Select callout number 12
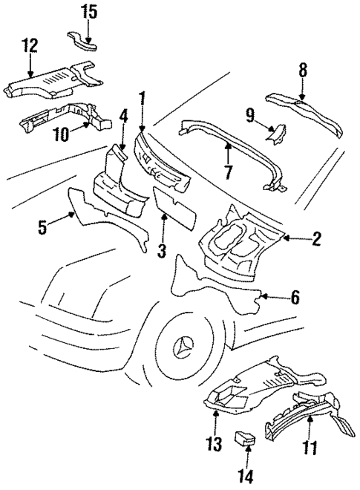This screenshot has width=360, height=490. point(29,45)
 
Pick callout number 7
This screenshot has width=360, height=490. point(229,172)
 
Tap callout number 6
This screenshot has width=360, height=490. point(295,298)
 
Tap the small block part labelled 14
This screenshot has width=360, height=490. point(243,439)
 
